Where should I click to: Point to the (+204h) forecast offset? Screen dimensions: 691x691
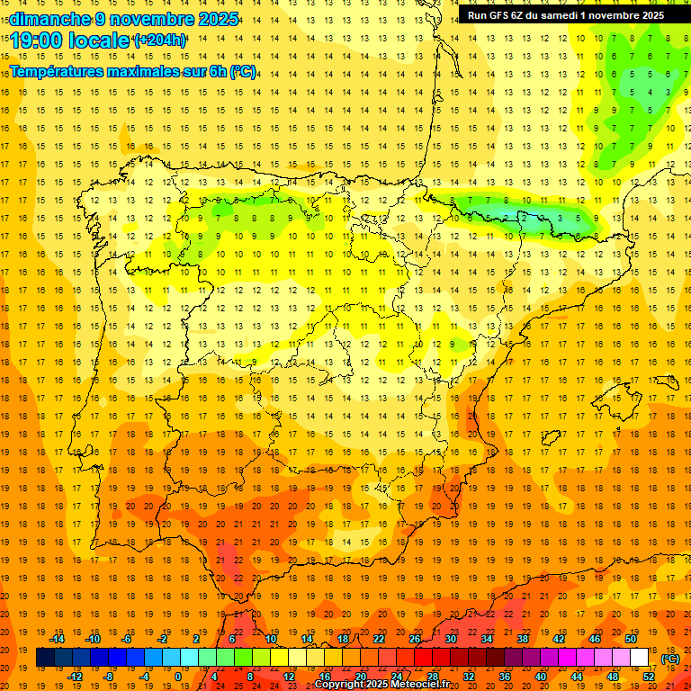160,40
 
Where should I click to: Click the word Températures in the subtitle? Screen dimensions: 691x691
58,71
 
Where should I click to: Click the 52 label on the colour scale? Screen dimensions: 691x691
649,677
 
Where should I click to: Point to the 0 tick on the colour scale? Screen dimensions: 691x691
178,677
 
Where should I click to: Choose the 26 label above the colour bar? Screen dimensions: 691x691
415,639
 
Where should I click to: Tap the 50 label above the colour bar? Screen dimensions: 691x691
631,639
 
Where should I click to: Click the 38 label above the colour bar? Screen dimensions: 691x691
523,639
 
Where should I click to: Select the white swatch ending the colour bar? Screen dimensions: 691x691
640,658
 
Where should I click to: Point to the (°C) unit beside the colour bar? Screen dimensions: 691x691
670,659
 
